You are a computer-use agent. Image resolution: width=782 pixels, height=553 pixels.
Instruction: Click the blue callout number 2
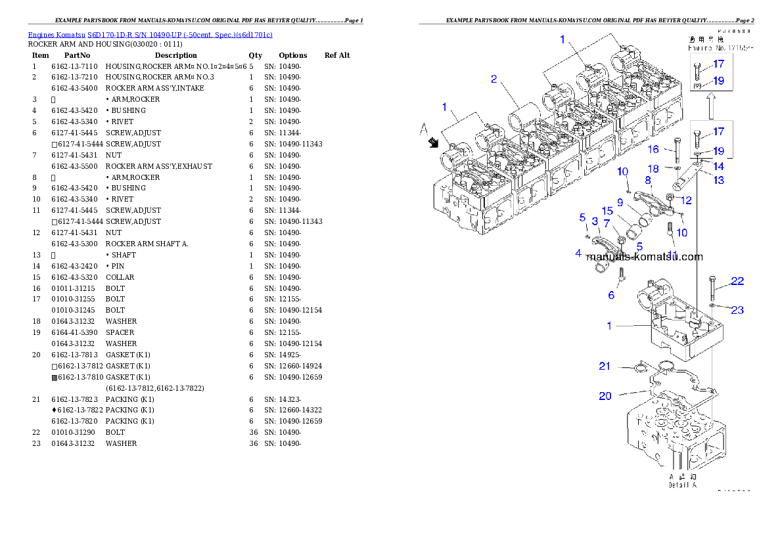pyautogui.click(x=494, y=79)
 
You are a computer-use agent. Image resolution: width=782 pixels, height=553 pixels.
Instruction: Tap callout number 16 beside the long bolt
pyautogui.click(x=653, y=150)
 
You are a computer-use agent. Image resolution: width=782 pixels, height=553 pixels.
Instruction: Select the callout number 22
pyautogui.click(x=737, y=281)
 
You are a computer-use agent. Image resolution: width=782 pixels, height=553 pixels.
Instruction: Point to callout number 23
pyautogui.click(x=737, y=309)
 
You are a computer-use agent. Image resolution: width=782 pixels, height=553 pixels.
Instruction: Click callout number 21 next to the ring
pyautogui.click(x=605, y=366)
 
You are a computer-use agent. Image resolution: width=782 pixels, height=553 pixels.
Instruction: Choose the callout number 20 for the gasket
pyautogui.click(x=605, y=395)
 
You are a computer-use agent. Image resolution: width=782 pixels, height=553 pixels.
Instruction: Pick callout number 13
pyautogui.click(x=719, y=179)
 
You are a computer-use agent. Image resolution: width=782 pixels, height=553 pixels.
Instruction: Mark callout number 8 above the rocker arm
pyautogui.click(x=648, y=179)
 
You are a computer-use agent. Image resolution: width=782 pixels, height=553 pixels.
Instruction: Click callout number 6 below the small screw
pyautogui.click(x=611, y=296)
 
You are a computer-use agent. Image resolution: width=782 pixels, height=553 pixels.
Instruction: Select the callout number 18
pyautogui.click(x=653, y=169)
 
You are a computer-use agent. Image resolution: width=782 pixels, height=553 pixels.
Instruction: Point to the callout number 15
pyautogui.click(x=607, y=211)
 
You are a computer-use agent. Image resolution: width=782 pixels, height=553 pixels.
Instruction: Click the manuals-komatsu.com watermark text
pyautogui.click(x=644, y=257)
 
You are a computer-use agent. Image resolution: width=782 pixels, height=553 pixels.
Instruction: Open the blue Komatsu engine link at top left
pyautogui.click(x=150, y=34)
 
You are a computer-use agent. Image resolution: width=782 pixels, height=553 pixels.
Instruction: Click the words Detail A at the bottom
pyautogui.click(x=682, y=485)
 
